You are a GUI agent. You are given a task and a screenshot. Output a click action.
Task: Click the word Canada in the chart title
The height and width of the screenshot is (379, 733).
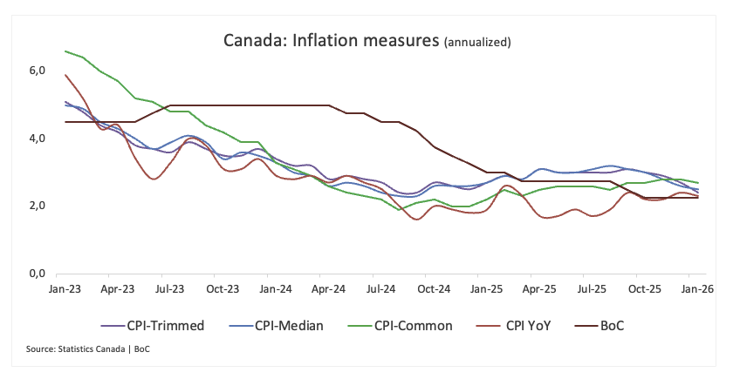[248, 40]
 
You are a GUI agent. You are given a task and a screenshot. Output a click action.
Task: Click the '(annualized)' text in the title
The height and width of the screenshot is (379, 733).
[477, 42]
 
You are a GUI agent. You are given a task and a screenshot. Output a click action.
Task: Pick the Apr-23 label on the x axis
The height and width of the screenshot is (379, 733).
[117, 288]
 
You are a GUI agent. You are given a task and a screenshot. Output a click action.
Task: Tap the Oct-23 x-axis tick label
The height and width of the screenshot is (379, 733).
[223, 288]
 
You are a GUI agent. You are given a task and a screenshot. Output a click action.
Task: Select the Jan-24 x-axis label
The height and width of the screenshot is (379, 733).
[277, 288]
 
